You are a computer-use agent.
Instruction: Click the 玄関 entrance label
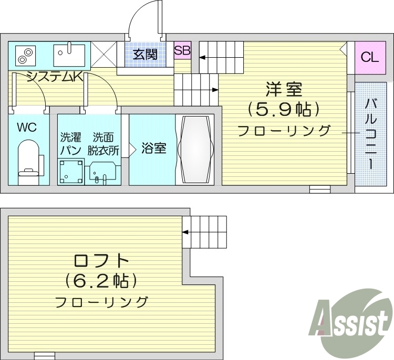(144, 54)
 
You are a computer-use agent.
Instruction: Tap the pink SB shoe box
(182, 51)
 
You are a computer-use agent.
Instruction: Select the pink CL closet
(369, 57)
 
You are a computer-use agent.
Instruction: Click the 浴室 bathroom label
(154, 149)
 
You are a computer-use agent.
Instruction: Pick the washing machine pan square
(71, 171)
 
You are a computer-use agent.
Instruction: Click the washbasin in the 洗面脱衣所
(103, 172)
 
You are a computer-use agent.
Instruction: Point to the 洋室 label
(284, 89)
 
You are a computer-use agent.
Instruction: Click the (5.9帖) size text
(284, 110)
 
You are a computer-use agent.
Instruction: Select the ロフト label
(101, 260)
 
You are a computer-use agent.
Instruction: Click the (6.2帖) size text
(101, 281)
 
